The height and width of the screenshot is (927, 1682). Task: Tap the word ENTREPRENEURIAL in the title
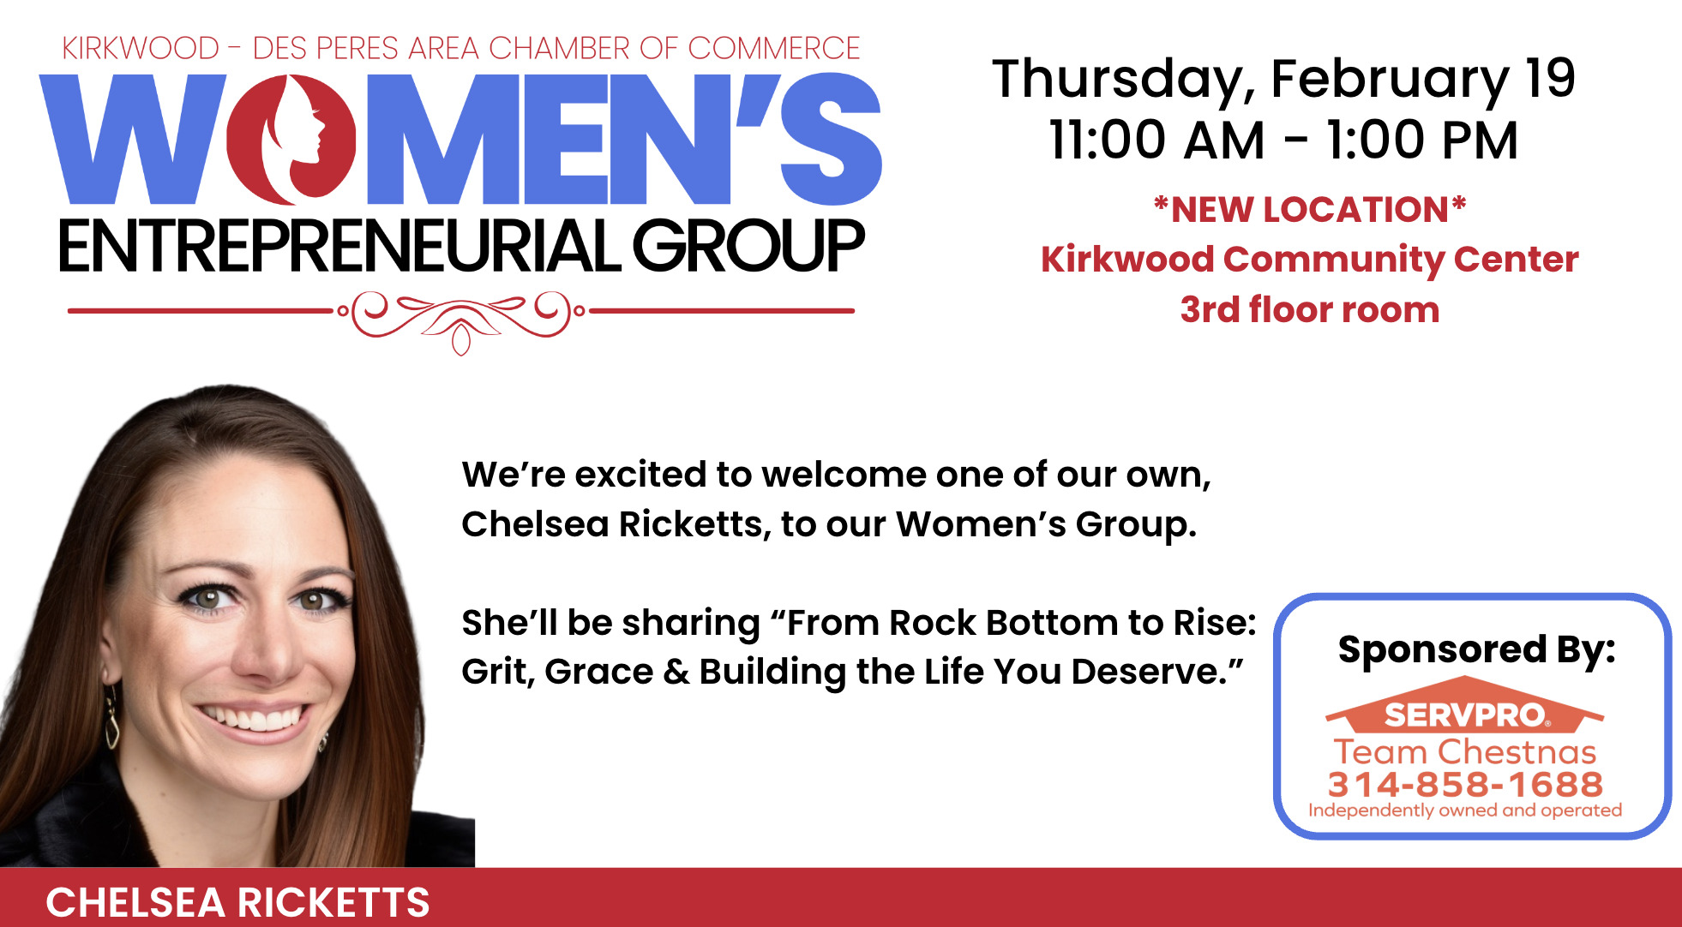339,247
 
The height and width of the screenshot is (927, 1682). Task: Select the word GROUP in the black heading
748,247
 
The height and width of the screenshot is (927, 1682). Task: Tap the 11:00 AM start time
1156,140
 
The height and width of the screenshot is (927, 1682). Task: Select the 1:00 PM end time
1423,140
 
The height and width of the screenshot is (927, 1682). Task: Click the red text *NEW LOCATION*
1310,209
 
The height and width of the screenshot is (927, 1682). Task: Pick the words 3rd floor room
1310,309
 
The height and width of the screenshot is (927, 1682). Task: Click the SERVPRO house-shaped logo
1465,705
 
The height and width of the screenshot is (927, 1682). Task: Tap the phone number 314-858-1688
1465,784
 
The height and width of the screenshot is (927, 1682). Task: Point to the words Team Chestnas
1465,751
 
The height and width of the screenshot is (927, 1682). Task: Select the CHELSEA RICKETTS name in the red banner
237,902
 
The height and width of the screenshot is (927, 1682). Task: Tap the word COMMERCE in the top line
773,48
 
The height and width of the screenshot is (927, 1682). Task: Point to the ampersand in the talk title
676,672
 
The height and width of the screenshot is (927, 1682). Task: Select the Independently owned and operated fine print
1465,810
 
